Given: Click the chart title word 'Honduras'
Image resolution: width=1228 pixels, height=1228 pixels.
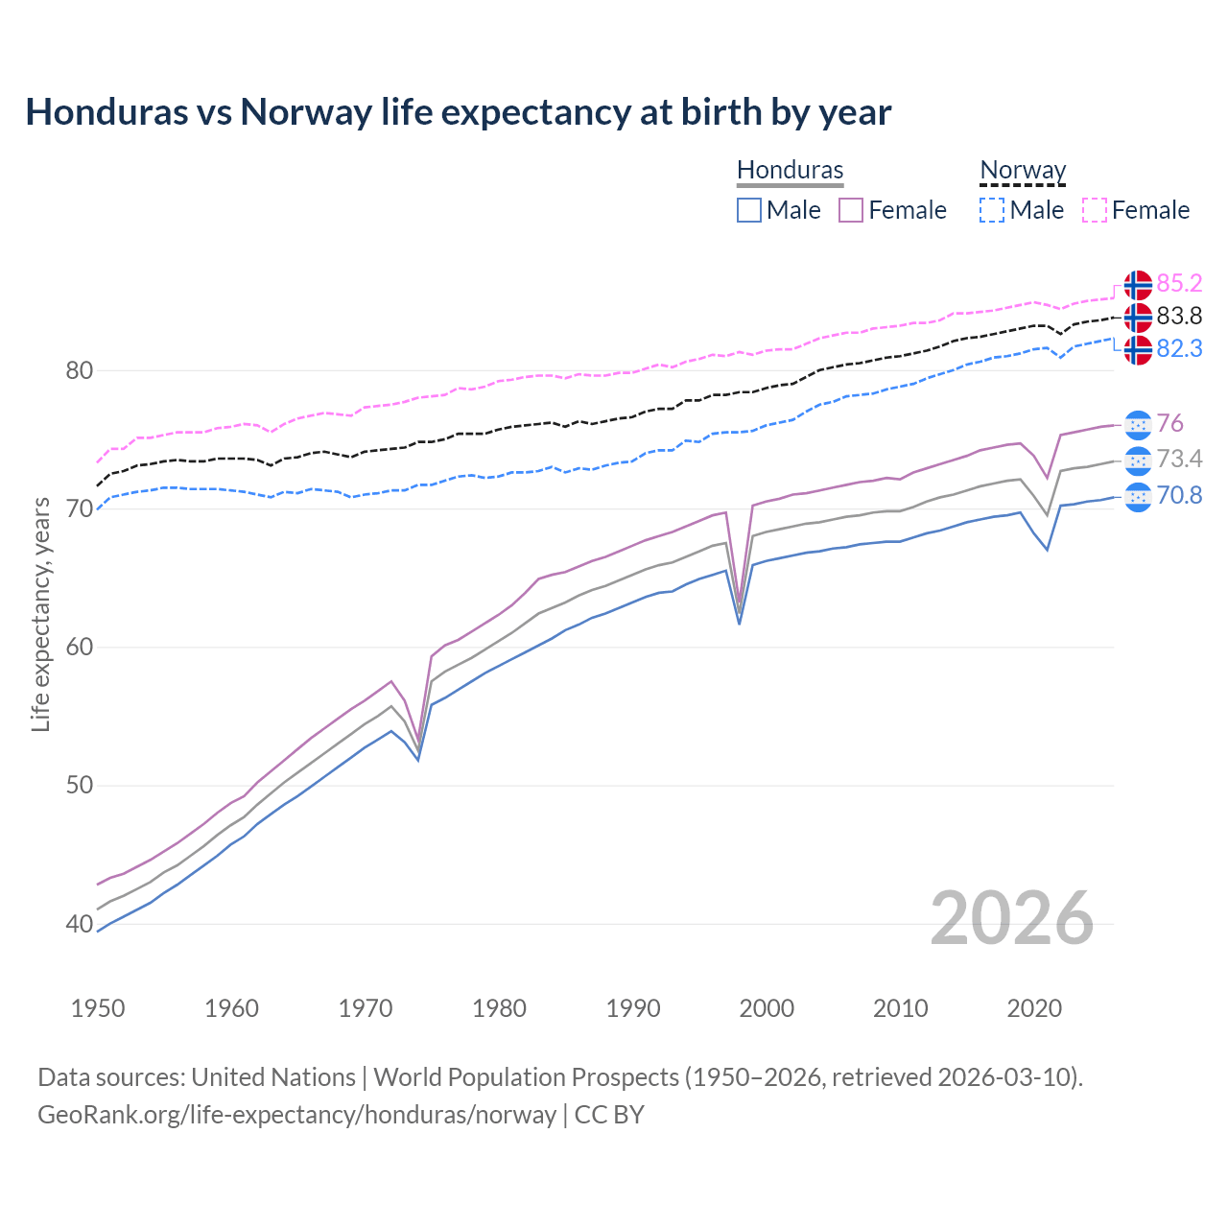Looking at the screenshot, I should (x=106, y=112).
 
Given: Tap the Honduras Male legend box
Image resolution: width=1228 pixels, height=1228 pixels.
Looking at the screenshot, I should (x=749, y=210).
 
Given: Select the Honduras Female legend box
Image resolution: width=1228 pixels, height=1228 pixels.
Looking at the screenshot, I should (x=851, y=210).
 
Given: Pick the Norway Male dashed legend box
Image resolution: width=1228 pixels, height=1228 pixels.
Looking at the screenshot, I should (x=992, y=210).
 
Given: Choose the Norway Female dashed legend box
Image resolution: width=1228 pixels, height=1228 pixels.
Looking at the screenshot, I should (x=1095, y=210).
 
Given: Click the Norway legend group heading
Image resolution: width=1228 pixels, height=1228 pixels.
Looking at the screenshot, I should (x=1023, y=170).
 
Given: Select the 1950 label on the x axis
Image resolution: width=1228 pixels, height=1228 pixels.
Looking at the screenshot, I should (x=98, y=1008).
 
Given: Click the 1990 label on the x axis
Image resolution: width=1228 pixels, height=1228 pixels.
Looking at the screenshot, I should (x=633, y=1008).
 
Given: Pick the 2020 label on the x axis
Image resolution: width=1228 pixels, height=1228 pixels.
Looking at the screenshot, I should (x=1034, y=1008).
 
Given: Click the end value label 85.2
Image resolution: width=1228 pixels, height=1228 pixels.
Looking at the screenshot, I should (x=1179, y=283).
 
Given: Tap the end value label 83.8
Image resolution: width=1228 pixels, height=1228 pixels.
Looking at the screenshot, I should (x=1179, y=316).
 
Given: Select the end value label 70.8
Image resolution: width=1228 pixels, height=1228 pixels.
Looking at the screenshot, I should (x=1179, y=495).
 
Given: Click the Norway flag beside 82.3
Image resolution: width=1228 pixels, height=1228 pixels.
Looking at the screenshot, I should (x=1138, y=349).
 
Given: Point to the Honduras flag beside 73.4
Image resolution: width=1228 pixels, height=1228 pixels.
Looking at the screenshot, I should (x=1138, y=460).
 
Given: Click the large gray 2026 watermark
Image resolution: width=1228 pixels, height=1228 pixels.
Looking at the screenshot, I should (x=1012, y=918).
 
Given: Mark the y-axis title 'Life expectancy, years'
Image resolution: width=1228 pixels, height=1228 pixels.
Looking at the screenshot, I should (x=41, y=614).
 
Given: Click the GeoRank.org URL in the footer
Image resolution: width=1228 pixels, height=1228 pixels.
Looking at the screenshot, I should (x=296, y=1115).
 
